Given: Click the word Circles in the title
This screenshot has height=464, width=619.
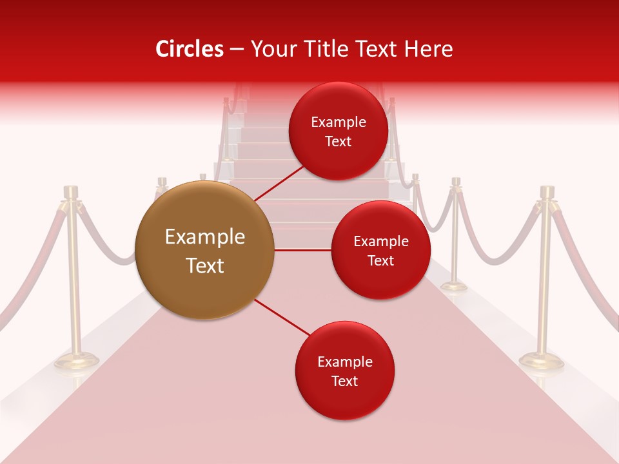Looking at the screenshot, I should click(189, 49).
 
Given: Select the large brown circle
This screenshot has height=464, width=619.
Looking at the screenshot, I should click(204, 250).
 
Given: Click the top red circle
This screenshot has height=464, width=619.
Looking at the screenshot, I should click(338, 131).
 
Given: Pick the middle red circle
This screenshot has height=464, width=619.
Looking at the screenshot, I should click(380, 250).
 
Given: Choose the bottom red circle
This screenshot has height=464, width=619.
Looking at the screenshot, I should click(344, 371).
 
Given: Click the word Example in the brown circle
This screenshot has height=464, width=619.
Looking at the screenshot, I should click(204, 237).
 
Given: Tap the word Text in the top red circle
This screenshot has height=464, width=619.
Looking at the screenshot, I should click(338, 141).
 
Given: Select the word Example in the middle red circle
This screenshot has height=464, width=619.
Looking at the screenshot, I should click(380, 241).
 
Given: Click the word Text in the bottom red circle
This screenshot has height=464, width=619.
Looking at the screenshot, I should click(344, 381).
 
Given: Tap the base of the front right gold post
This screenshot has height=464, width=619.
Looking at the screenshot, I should click(541, 362).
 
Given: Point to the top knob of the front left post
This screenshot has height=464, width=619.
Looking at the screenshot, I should click(71, 191).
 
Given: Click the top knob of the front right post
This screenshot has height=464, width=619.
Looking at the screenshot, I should click(547, 191).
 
